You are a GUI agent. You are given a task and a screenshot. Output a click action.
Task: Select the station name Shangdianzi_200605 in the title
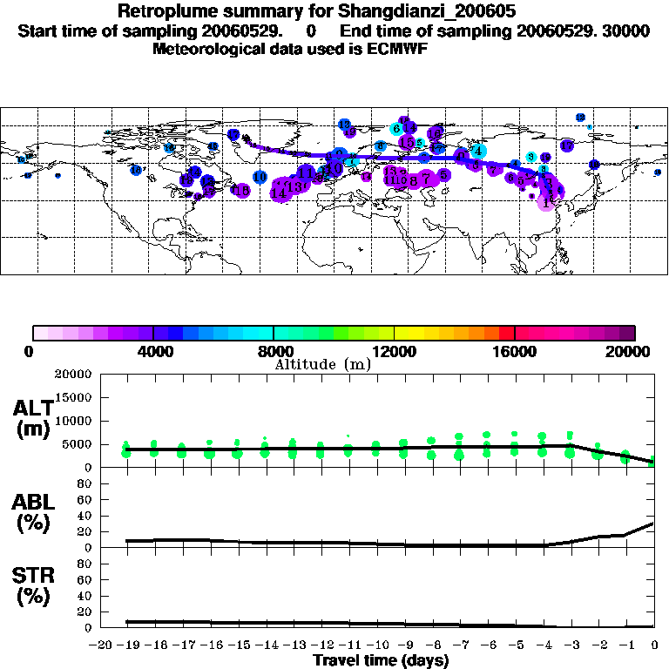click(352, 12)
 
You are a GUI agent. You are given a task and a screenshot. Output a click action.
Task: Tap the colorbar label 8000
click(273, 351)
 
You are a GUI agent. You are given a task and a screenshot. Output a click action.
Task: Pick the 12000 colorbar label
click(394, 351)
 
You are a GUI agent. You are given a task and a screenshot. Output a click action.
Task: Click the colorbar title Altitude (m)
click(323, 364)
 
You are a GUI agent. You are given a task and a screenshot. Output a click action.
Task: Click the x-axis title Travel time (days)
click(381, 660)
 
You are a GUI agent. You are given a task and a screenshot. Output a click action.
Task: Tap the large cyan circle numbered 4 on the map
click(478, 152)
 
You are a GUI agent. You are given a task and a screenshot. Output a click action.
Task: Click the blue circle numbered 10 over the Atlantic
click(260, 177)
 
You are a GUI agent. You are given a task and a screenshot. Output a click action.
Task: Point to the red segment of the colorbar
click(506, 333)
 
